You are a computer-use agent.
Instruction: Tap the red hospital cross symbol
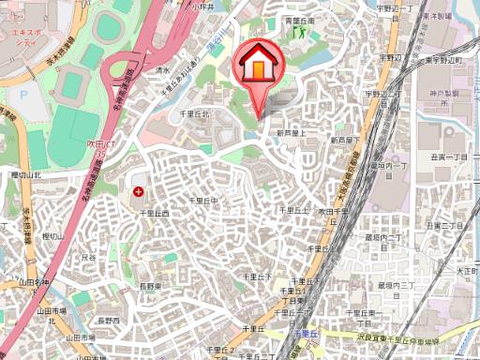click(x=139, y=192)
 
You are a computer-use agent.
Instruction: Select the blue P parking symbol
click(x=23, y=93)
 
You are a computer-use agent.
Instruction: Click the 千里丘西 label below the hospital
click(x=154, y=214)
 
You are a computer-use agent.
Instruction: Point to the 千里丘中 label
click(x=203, y=201)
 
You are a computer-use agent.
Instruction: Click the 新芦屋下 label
click(x=342, y=140)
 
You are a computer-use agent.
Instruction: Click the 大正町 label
click(x=467, y=270)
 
